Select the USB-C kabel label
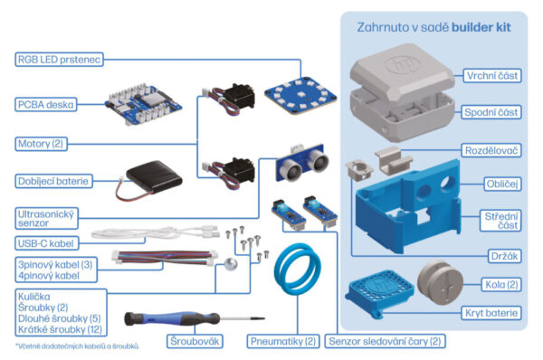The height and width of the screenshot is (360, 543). point(45,243)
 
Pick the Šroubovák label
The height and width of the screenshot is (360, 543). point(193,342)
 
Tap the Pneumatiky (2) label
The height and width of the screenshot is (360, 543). point(282,342)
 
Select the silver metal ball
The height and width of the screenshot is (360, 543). point(230,265)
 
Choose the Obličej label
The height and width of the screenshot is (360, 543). point(501,184)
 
